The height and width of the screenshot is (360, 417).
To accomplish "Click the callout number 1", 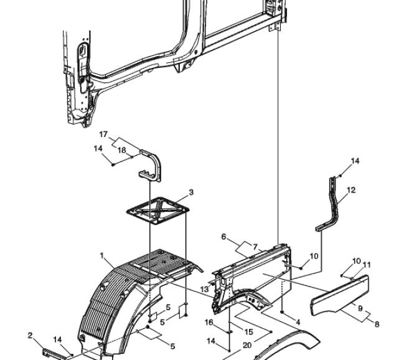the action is click(x=101, y=256).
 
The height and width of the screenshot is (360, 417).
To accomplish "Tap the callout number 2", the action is click(x=30, y=336).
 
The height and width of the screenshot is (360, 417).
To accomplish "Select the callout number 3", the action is click(x=191, y=192).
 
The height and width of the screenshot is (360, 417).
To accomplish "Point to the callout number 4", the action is click(x=298, y=322).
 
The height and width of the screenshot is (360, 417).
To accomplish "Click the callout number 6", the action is click(x=223, y=237).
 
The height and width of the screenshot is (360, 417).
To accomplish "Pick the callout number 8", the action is click(x=377, y=324).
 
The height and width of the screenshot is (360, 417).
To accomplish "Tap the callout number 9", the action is click(x=360, y=308).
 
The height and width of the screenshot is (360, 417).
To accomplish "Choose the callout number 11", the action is click(x=367, y=265).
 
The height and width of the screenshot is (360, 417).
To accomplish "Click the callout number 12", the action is click(x=351, y=190).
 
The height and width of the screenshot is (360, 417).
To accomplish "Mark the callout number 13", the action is click(x=204, y=289).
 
